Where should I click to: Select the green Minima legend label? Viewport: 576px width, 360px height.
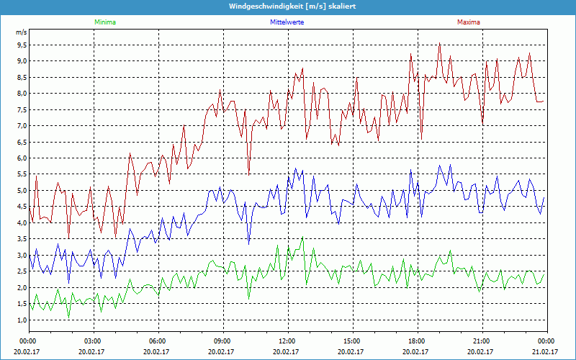click(104, 22)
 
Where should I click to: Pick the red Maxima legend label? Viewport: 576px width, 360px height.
click(468, 22)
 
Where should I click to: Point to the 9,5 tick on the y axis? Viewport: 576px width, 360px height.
click(21, 45)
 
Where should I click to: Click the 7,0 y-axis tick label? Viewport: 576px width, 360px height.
click(21, 126)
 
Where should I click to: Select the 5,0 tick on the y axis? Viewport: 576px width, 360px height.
click(21, 191)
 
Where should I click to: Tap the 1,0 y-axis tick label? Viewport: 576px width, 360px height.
click(21, 320)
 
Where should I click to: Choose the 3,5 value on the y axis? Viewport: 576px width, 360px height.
click(21, 239)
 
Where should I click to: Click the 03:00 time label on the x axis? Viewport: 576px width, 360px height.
click(93, 341)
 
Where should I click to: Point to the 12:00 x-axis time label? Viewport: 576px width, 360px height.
click(287, 341)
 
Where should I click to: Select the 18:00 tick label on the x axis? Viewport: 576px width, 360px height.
click(417, 341)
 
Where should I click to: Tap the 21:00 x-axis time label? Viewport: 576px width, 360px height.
click(482, 341)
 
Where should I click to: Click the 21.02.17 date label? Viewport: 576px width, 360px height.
click(546, 352)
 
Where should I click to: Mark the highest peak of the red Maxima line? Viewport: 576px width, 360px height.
click(439, 43)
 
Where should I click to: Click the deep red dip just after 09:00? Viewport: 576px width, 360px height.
click(249, 174)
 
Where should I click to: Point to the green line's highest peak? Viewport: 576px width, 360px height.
click(303, 237)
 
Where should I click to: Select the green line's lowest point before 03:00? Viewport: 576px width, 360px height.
click(68, 317)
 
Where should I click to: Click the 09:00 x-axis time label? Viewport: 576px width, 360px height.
click(222, 341)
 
